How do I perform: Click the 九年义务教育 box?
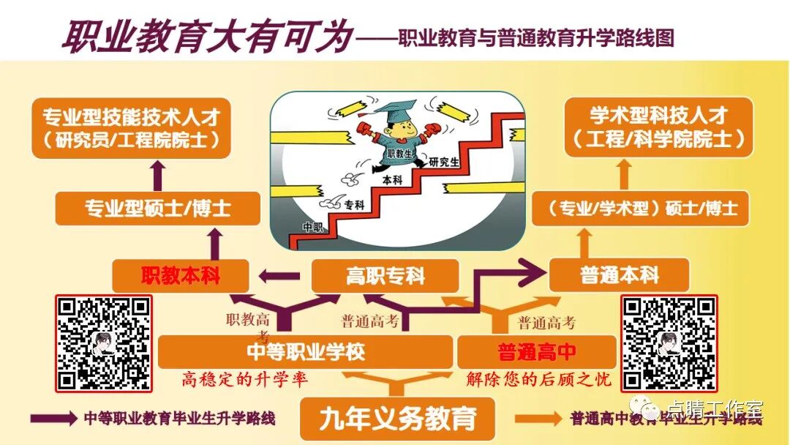click(x=397, y=419)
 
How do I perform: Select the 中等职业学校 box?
click(x=305, y=352)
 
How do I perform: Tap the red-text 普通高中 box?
click(x=536, y=352)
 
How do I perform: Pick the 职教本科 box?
click(x=181, y=276)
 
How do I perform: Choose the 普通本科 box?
click(x=619, y=276)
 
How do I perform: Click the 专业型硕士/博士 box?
click(x=158, y=208)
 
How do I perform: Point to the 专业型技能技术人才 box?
click(x=132, y=127)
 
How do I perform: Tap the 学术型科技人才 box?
click(x=658, y=127)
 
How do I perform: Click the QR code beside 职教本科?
click(x=104, y=343)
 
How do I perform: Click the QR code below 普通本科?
click(x=669, y=343)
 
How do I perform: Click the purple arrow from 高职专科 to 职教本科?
click(x=280, y=276)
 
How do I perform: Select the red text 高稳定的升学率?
click(x=245, y=380)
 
